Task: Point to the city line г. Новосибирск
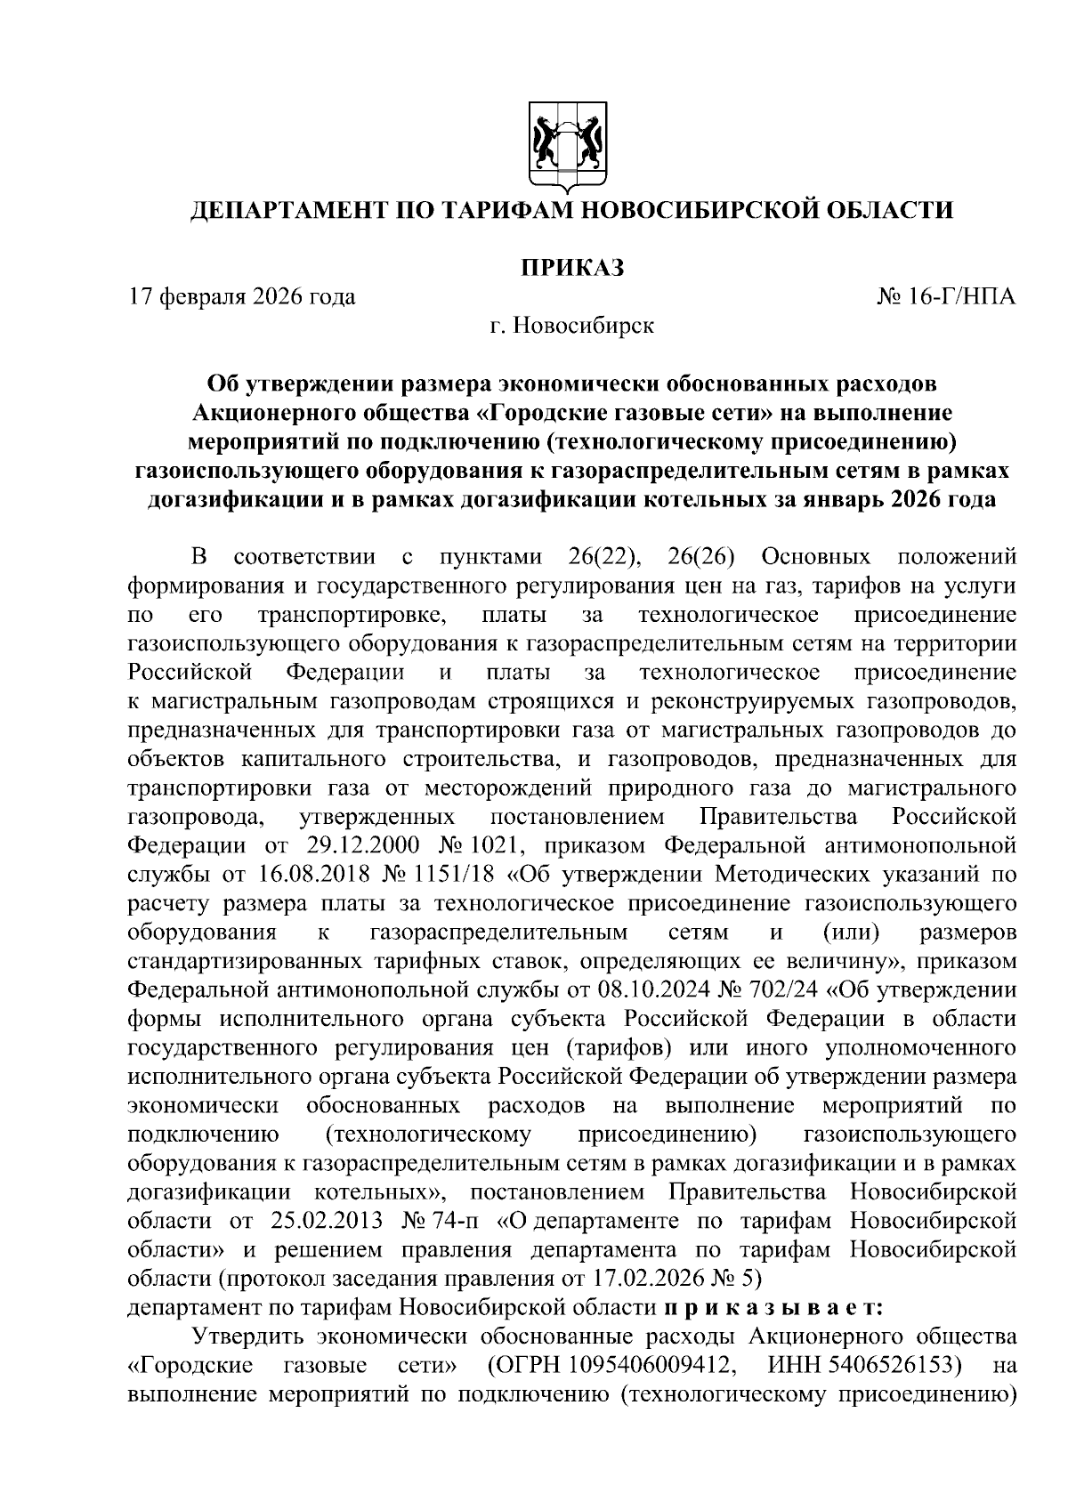pyautogui.click(x=570, y=326)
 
